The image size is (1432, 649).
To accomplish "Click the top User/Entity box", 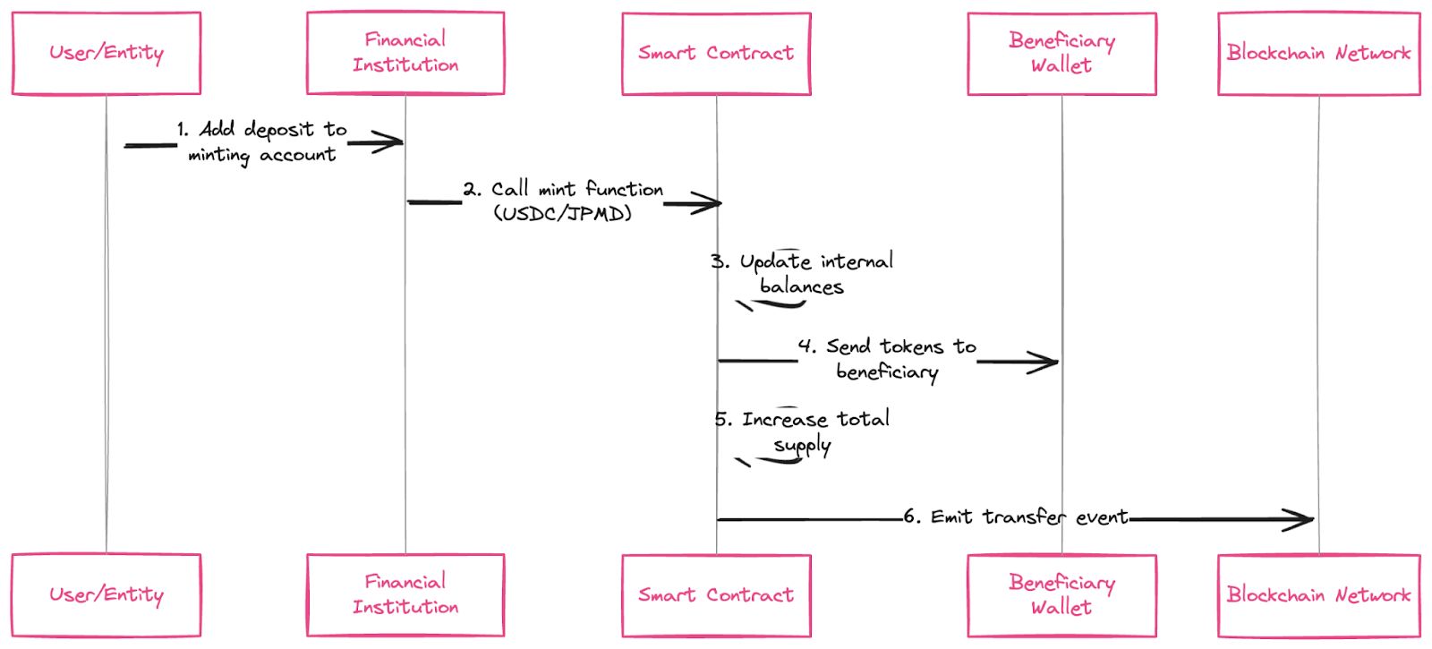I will pos(107,53).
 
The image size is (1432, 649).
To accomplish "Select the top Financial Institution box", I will pos(405,53).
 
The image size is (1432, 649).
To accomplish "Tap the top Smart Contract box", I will pos(716,53).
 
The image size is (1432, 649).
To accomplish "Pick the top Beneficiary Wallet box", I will pos(1061,53).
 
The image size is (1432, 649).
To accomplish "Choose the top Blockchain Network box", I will pos(1318,53).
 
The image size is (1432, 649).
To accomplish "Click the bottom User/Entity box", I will pos(107,595).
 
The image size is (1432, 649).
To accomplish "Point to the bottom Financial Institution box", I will pos(405,595).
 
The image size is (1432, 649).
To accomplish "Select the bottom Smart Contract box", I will pos(716,595).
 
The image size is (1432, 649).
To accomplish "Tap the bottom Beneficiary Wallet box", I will pos(1061,595).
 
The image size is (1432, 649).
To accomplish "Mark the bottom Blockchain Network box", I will pos(1318,595).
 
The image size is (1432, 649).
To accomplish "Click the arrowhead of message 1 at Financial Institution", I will pos(394,142).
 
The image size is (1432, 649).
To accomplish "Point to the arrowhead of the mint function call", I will pos(712,204).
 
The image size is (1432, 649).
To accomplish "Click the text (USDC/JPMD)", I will pos(563,214).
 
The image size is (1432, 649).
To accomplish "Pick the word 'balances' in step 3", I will pos(801,287).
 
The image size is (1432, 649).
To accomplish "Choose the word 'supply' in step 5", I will pos(802,446).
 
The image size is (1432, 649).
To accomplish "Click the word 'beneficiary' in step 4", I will pos(887,371).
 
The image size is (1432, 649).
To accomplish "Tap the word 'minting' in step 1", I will pos(218,156).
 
